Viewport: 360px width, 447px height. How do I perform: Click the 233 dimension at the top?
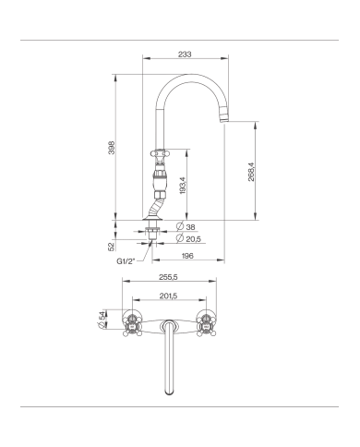pos(185,55)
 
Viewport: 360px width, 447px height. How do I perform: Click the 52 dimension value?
pos(111,247)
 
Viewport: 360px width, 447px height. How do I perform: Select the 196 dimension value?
pos(188,256)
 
